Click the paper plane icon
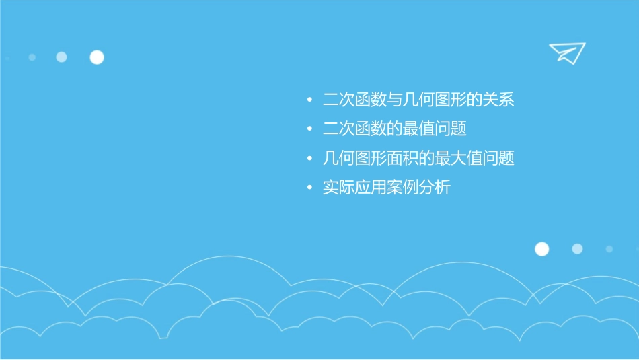566,52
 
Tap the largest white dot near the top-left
97,57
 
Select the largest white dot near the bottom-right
541,249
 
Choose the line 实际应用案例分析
387,188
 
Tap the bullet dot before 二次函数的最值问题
309,129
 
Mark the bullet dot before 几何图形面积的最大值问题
309,159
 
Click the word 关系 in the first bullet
498,101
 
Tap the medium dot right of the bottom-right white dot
577,249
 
